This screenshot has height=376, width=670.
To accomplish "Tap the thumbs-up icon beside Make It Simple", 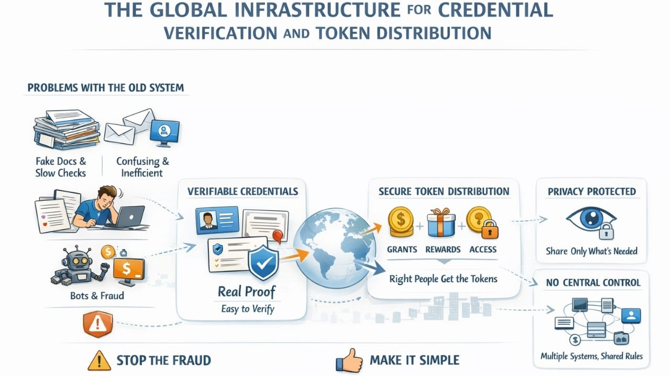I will pos(349,360).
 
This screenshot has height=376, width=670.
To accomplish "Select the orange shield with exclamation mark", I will pos(98,325).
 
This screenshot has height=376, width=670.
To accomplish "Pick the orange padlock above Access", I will pos(490,230).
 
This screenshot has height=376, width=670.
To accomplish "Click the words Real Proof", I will pos(247,291).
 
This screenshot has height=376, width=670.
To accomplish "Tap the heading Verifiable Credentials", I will pos(242,191).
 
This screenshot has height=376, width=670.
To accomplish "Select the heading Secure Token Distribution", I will pos(443,191).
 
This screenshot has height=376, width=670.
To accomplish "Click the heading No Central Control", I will pos(593,282).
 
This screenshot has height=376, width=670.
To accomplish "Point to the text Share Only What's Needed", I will pos(591,251).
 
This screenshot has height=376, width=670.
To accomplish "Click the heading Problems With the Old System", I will pos(106,87).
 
